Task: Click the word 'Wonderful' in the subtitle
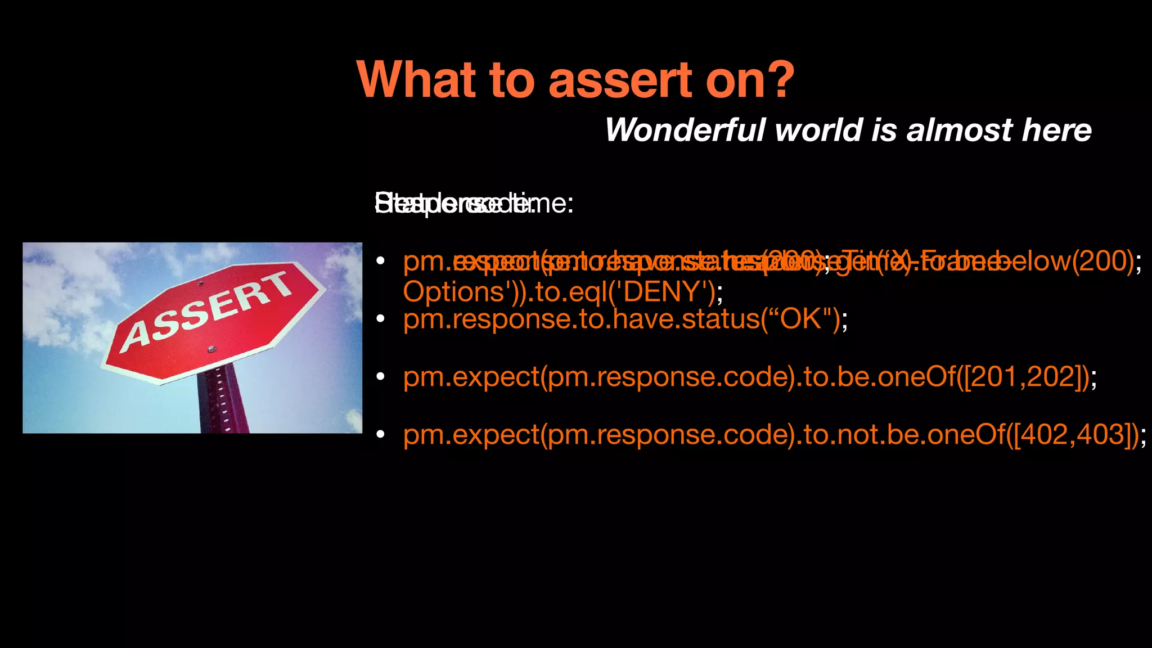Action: [x=685, y=130]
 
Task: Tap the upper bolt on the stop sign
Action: [x=201, y=284]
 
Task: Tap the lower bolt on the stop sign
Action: [x=211, y=349]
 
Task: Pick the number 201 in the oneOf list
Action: [x=994, y=376]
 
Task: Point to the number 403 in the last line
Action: [x=1099, y=434]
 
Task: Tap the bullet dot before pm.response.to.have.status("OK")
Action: [x=381, y=319]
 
